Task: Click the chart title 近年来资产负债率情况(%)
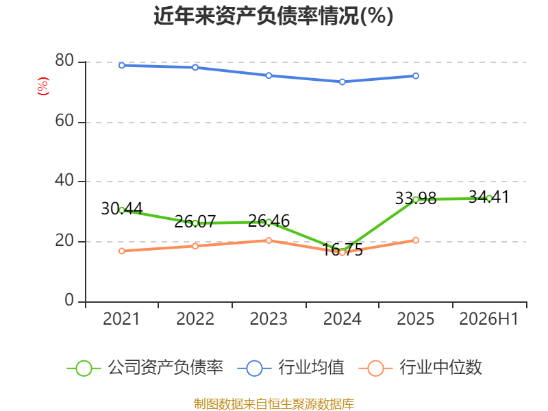click(x=273, y=16)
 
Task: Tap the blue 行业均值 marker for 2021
click(x=122, y=65)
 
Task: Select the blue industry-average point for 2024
click(x=342, y=82)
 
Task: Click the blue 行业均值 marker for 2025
click(x=416, y=76)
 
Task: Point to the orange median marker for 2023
click(x=269, y=240)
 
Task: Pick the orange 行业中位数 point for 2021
click(x=122, y=251)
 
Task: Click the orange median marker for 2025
click(x=416, y=240)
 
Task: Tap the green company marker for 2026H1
click(x=489, y=199)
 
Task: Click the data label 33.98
click(x=416, y=198)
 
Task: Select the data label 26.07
click(x=195, y=221)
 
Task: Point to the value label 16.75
click(x=342, y=249)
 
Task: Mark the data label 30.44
click(x=122, y=209)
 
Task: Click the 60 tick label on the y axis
click(x=64, y=121)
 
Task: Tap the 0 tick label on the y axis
click(x=69, y=300)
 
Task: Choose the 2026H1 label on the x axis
click(x=488, y=319)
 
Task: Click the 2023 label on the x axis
click(x=269, y=319)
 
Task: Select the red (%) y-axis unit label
click(x=43, y=86)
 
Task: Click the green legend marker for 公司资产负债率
click(x=84, y=369)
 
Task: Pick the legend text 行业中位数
click(x=440, y=367)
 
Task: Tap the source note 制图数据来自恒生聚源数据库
click(x=273, y=404)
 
